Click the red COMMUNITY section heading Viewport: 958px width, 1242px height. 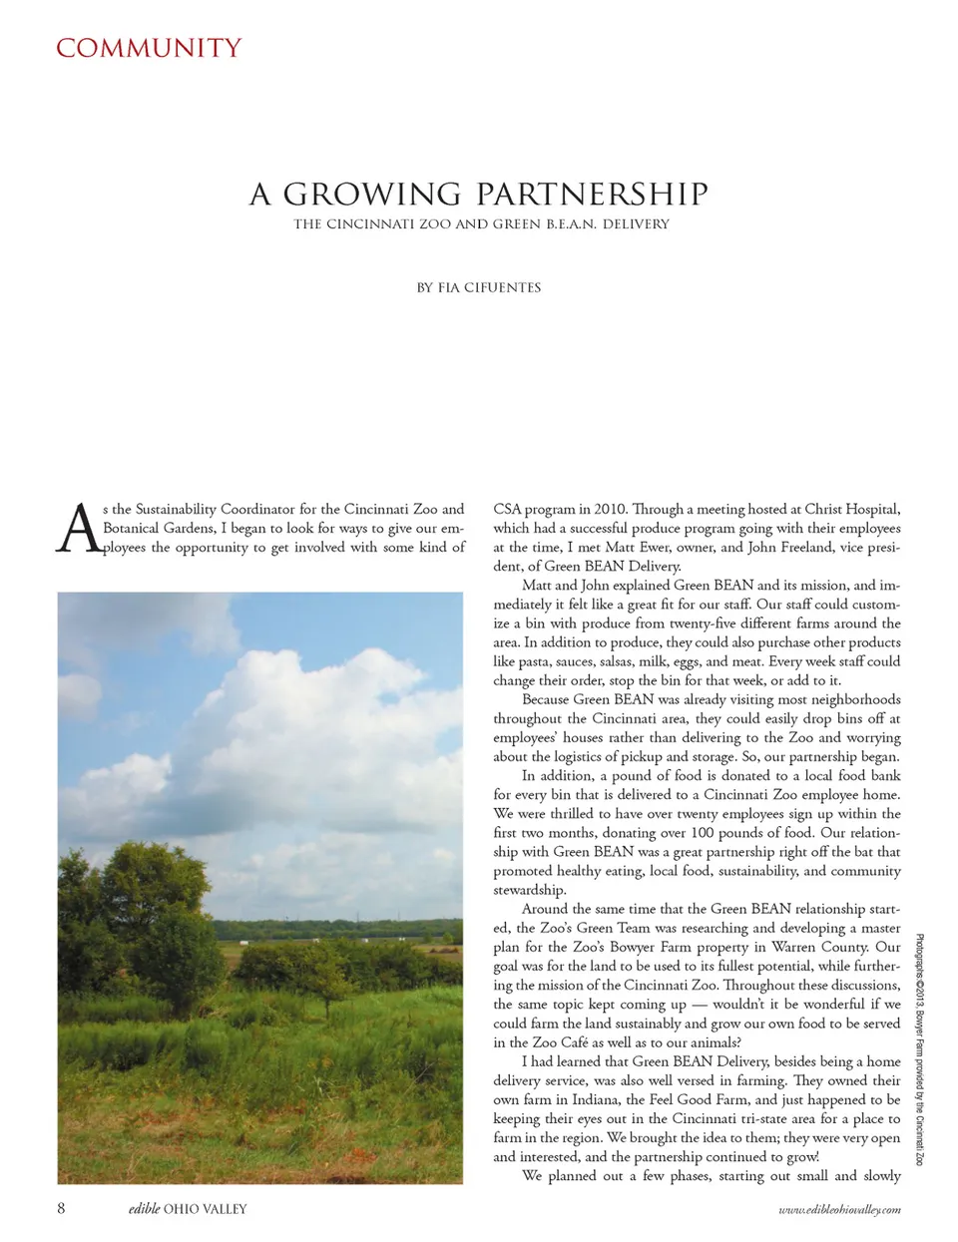click(149, 48)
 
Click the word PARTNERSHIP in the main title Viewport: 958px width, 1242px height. click(592, 194)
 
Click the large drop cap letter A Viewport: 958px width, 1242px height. click(78, 529)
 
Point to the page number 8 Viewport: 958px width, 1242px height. click(61, 1208)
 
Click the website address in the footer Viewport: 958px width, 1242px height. click(839, 1209)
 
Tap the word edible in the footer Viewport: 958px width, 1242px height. click(144, 1209)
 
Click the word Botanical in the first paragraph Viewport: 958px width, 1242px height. click(131, 528)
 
